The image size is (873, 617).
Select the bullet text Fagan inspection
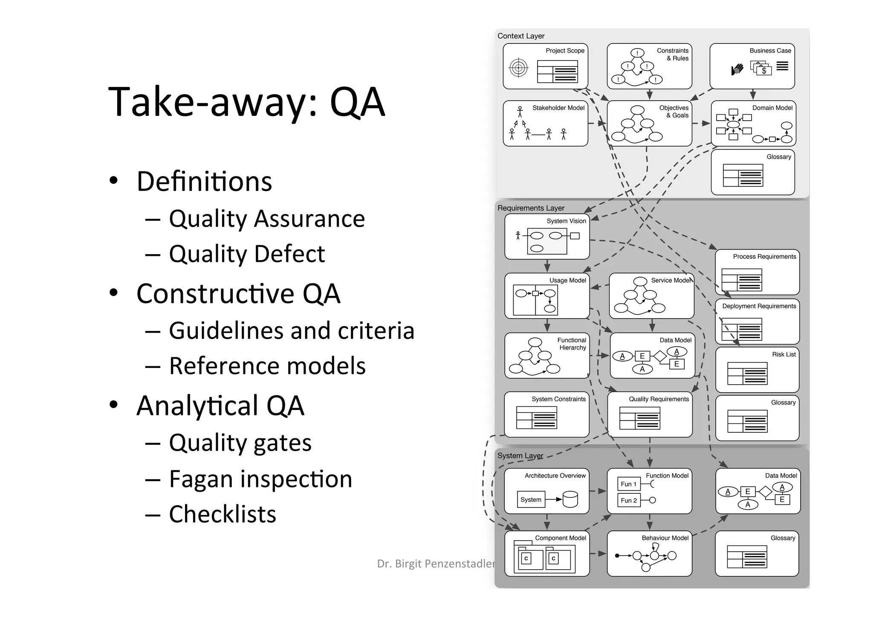pyautogui.click(x=260, y=479)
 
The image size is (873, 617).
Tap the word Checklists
pyautogui.click(x=222, y=514)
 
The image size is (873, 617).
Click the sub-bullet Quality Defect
pyautogui.click(x=246, y=254)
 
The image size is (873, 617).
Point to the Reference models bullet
pyautogui.click(x=267, y=366)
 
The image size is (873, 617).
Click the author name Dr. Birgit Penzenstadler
pyautogui.click(x=435, y=564)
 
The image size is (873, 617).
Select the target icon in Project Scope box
pyautogui.click(x=518, y=68)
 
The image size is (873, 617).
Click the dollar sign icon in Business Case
pyautogui.click(x=764, y=71)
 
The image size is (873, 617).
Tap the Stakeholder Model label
pyautogui.click(x=558, y=108)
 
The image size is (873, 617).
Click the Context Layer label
pyautogui.click(x=520, y=36)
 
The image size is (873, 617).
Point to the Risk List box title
pyautogui.click(x=783, y=354)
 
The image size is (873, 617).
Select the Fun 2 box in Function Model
pyautogui.click(x=629, y=500)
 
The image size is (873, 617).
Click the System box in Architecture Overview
pyautogui.click(x=531, y=500)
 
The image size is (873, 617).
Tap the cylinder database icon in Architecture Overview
pyautogui.click(x=570, y=499)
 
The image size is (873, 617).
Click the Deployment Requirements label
pyautogui.click(x=759, y=306)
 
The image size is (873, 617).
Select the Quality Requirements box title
pyautogui.click(x=659, y=399)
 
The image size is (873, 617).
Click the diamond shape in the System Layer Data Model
pyautogui.click(x=765, y=492)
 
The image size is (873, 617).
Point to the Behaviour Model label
pyautogui.click(x=665, y=538)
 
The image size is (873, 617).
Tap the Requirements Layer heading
pyautogui.click(x=531, y=208)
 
